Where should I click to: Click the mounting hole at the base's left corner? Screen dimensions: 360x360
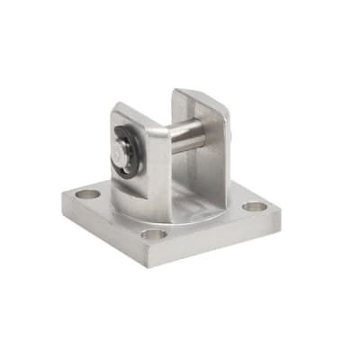tap(87, 193)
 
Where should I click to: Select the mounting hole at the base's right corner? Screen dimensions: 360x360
tap(255, 206)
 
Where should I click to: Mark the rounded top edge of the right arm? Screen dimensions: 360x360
tap(200, 94)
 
